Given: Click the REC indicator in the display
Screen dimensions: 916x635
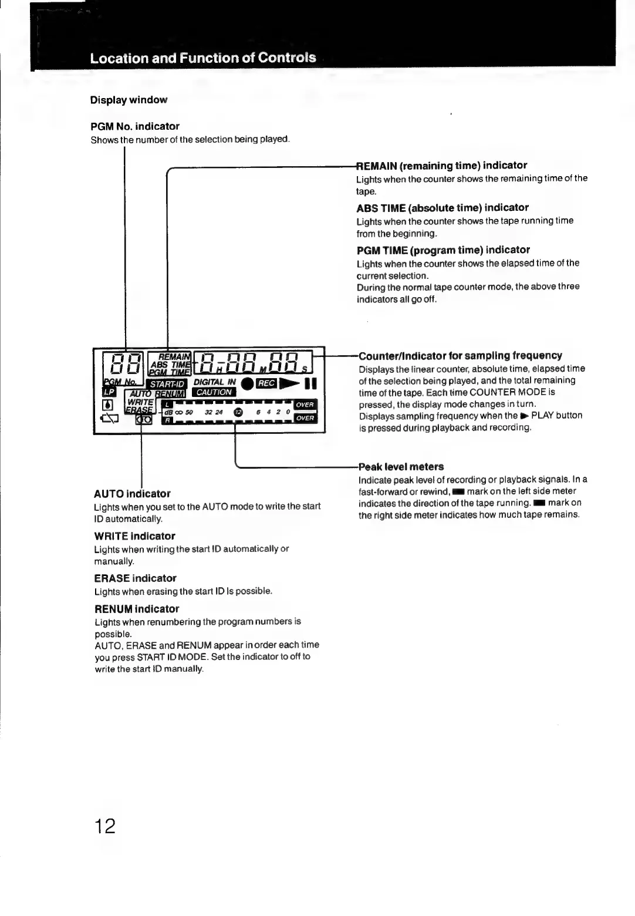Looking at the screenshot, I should coord(266,383).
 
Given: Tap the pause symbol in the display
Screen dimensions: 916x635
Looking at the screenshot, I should coord(311,384).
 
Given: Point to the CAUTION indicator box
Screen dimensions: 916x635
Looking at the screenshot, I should coord(214,392).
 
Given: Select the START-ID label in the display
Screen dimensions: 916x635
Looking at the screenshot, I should coord(168,385).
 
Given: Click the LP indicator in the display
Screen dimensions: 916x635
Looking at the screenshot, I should coord(109,392).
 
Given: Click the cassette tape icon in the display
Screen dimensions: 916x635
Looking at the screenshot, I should coord(144,419).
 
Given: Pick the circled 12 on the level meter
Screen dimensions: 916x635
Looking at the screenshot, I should coord(238,412).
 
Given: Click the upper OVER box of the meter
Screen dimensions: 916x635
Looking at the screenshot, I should coord(305,405).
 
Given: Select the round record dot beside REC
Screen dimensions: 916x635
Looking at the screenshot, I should coord(246,384).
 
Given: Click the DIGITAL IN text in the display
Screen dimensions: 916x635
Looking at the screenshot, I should coord(214,382).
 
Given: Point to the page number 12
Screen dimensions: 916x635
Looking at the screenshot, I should coord(106,826).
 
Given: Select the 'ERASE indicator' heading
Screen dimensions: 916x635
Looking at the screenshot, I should coord(135,578).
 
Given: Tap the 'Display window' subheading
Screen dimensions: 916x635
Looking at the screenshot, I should coord(129,100).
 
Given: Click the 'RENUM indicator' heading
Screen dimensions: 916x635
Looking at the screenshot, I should coord(137,609).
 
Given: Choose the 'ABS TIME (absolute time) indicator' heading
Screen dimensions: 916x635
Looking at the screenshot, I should coord(443,208).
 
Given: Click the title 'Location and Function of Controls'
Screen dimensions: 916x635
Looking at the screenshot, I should coord(203,58).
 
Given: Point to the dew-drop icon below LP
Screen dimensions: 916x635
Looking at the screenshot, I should coord(108,405).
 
